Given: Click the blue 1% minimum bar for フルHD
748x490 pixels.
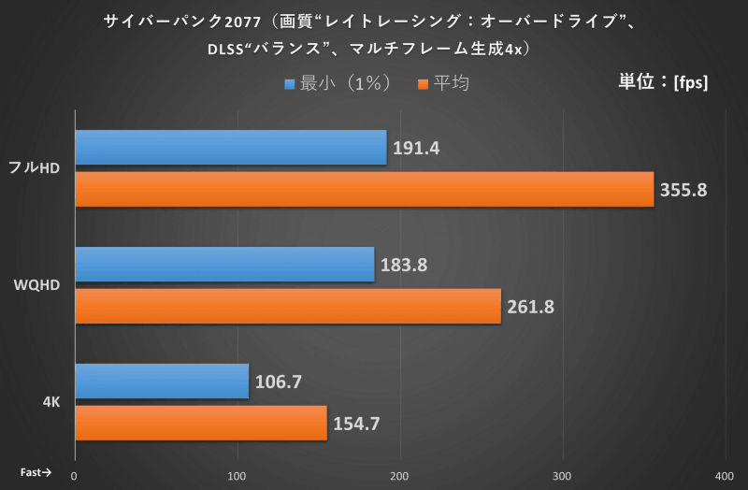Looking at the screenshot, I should (x=230, y=148).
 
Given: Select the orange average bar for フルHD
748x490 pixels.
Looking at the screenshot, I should (x=364, y=190).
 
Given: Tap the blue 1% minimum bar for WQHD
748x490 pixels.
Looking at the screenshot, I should (x=223, y=265).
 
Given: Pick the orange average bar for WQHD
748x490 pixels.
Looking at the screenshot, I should (x=287, y=307).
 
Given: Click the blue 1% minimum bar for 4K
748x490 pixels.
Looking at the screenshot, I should (x=161, y=382).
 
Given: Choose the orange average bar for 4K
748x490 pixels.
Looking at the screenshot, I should (x=200, y=423).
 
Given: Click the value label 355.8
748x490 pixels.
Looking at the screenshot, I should (x=683, y=190).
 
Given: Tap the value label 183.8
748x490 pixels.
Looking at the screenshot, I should (x=404, y=265).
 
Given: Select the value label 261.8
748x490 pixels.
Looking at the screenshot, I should (x=531, y=307).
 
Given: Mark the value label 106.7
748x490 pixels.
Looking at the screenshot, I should (x=279, y=382).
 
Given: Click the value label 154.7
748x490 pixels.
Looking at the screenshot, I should (x=356, y=423).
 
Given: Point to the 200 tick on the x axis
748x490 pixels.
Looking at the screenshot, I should (x=400, y=475).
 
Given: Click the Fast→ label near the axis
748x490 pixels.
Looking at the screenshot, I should (x=36, y=473).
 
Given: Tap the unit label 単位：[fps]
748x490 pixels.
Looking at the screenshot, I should (x=663, y=81).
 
